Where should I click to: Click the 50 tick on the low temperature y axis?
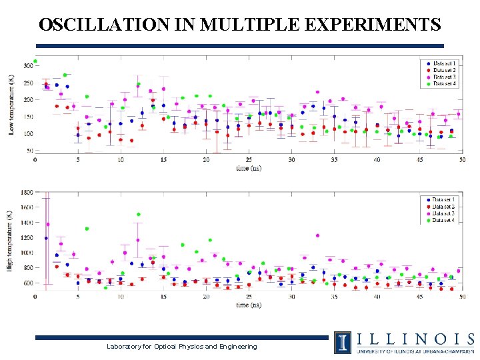(29, 151)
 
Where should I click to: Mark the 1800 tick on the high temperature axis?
(26, 192)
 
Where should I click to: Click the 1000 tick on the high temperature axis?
(26, 253)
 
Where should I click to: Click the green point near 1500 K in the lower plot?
(139, 215)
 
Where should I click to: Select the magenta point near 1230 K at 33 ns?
(317, 235)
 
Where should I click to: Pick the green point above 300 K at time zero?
(35, 61)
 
